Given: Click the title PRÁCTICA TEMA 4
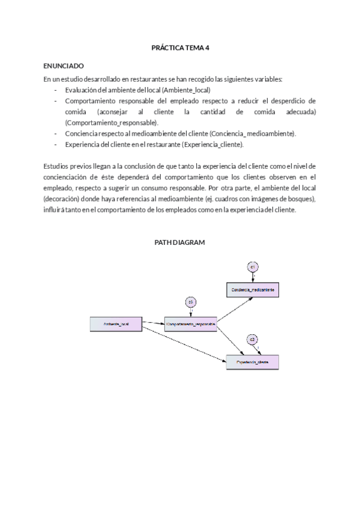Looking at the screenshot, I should tap(179, 47).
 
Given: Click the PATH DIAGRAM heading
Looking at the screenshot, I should tap(179, 242).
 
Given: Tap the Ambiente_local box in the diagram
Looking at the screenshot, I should tap(116, 324).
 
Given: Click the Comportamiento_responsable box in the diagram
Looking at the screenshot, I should tap(190, 324).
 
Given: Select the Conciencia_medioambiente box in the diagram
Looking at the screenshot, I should tap(252, 289).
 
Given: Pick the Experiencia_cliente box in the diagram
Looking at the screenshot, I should tap(252, 363).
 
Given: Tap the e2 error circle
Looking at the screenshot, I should tap(253, 340).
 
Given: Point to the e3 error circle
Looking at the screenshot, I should tap(190, 301).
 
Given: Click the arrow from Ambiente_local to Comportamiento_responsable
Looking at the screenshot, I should tap(154, 324).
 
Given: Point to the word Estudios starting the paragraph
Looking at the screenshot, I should tap(56, 166).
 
